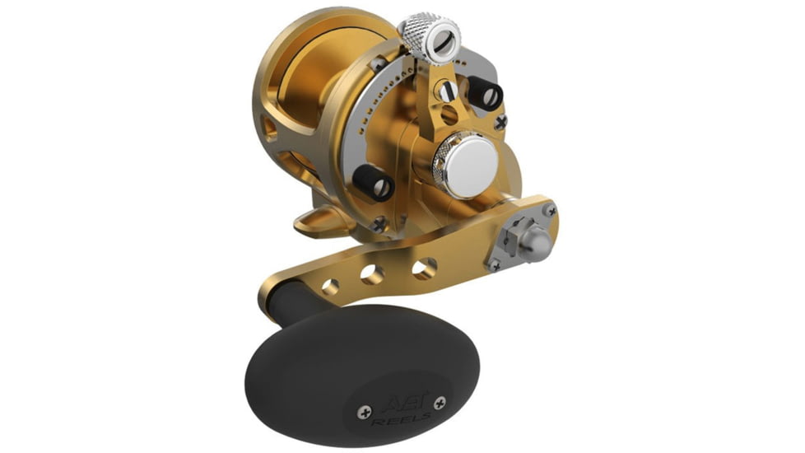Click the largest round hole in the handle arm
(425, 268)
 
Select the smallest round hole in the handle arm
(331, 287)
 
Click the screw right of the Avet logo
(439, 404)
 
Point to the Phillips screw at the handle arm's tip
(550, 212)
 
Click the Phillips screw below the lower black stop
(379, 222)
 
